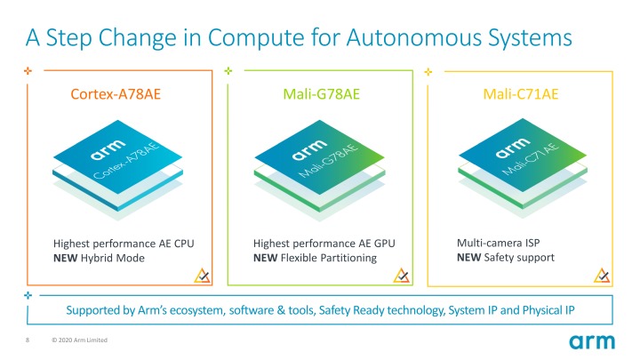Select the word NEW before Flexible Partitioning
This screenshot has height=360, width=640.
tap(266, 258)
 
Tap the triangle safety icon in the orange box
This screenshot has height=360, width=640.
tap(201, 274)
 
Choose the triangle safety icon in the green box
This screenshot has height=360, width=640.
tap(402, 274)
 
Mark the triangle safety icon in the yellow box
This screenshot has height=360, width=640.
tap(601, 274)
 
